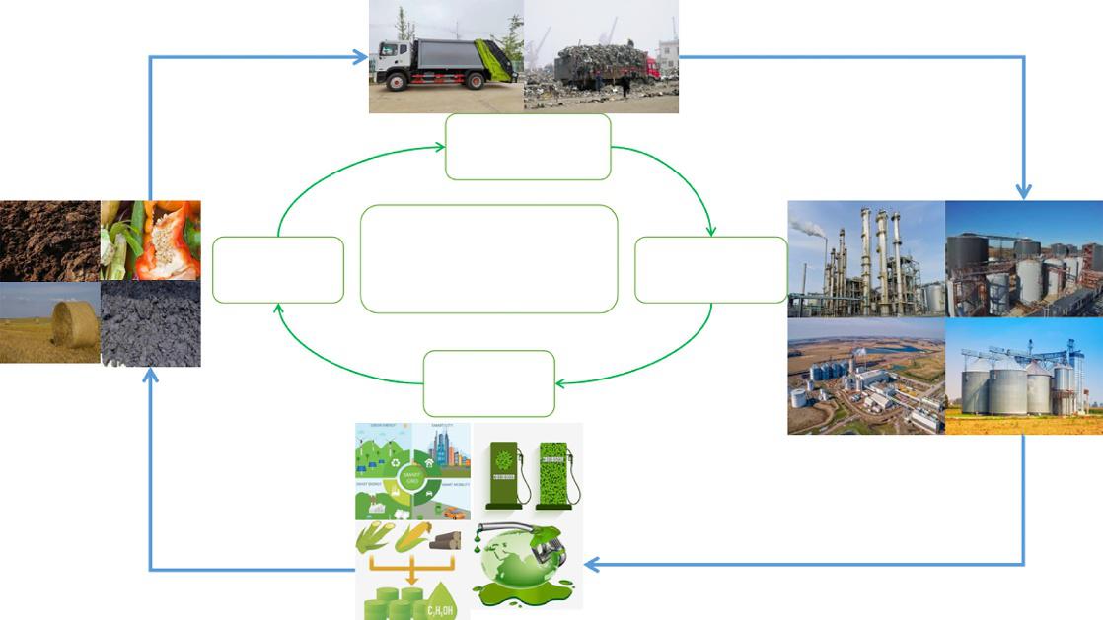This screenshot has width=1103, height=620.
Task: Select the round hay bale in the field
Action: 74,322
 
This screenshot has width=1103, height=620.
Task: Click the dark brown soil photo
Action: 49,241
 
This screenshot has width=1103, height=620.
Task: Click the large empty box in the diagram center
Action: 488,259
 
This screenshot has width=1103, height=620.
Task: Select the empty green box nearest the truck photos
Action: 528,147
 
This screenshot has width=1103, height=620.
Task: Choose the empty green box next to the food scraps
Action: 278,269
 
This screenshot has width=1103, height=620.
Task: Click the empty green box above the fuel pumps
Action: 488,382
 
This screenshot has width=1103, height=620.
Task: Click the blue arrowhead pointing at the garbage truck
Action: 361,57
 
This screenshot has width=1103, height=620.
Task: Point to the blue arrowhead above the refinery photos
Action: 1024,191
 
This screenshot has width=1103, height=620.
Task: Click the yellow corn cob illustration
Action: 413,538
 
